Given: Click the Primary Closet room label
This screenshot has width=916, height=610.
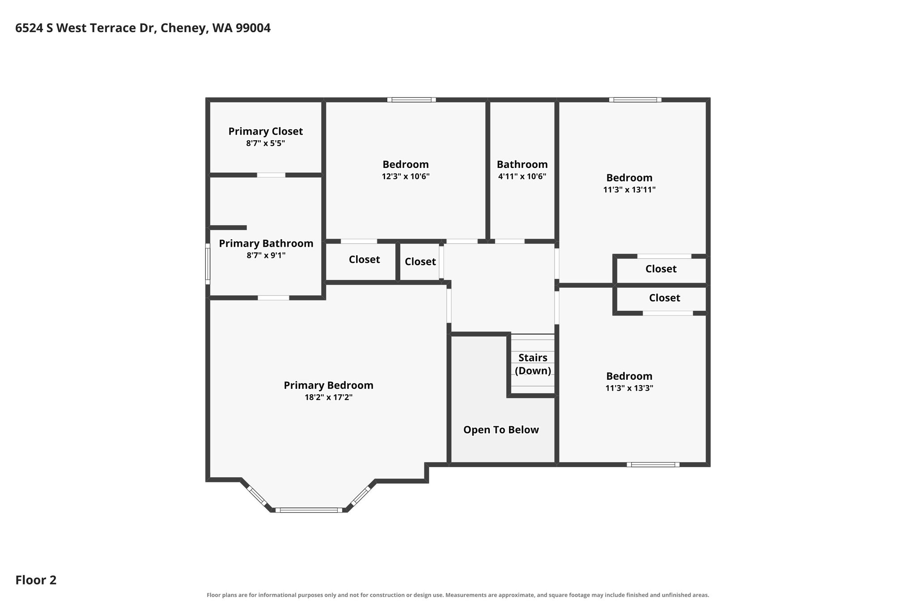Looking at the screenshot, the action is [x=266, y=131].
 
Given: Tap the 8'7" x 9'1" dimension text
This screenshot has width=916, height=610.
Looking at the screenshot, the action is [x=266, y=256].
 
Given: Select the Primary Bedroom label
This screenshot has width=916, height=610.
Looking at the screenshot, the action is [x=328, y=385].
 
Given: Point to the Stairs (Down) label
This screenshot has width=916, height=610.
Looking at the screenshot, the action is [x=533, y=364].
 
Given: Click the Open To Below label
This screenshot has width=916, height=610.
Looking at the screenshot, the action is [x=501, y=430].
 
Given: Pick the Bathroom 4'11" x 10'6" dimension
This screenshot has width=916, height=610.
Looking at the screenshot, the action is [x=522, y=176].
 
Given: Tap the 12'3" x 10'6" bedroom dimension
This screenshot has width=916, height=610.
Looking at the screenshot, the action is [x=406, y=176].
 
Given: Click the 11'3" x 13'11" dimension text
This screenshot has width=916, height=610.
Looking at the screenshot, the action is [x=629, y=189].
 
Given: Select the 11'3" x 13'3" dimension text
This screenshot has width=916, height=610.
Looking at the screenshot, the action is [x=629, y=388].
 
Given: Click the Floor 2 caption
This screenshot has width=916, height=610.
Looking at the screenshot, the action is [x=36, y=580].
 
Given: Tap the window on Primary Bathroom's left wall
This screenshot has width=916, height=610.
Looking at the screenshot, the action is [x=208, y=264].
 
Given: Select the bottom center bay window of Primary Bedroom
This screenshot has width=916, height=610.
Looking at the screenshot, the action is [x=309, y=510].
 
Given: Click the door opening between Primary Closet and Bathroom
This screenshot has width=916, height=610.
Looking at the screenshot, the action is [x=271, y=175].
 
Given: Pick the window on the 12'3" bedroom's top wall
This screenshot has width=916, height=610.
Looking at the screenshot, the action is [x=411, y=100].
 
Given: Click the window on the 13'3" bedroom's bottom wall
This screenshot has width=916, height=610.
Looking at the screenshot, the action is [x=653, y=465].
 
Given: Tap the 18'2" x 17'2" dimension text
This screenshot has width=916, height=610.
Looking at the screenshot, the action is [x=329, y=397].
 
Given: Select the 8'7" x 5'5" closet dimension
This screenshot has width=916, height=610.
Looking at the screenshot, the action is [x=266, y=143].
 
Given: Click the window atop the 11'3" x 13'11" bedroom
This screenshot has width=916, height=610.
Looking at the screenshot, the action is [x=635, y=100].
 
